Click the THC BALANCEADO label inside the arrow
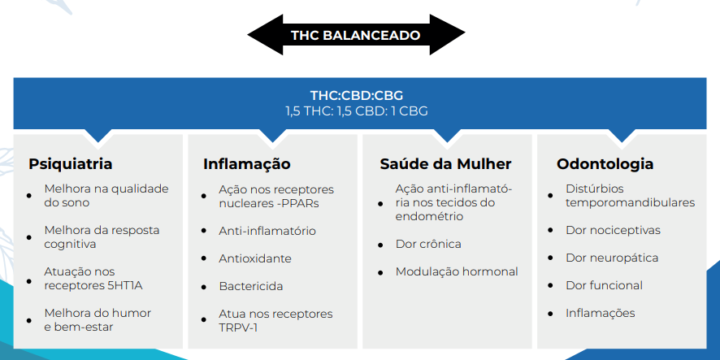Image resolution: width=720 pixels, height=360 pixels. (x=356, y=36)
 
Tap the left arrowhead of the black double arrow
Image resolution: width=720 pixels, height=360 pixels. (x=266, y=34)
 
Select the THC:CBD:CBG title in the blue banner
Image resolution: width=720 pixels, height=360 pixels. (x=356, y=96)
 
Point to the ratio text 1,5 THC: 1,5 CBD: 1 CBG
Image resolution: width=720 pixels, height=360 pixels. (x=356, y=111)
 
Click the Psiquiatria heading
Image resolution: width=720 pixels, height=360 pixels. (x=70, y=164)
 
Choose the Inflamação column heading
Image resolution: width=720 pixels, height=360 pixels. (x=246, y=164)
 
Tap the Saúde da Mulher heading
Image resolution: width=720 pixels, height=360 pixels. (x=445, y=164)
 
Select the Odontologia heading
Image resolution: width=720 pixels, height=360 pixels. (x=605, y=164)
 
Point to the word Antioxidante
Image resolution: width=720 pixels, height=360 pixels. (x=255, y=258)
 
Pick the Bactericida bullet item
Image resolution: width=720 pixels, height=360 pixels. (x=251, y=287)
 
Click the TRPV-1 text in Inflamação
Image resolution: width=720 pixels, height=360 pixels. (x=238, y=327)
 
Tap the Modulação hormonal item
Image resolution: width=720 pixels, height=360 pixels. (x=457, y=272)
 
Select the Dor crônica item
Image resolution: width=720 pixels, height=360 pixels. (x=428, y=244)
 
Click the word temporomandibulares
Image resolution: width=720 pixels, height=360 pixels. (x=630, y=202)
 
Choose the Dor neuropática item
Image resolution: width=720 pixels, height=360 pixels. (x=612, y=258)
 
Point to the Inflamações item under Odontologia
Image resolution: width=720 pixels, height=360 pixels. (x=601, y=313)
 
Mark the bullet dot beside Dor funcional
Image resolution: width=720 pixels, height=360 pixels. (x=550, y=286)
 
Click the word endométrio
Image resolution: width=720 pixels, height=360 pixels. (x=429, y=216)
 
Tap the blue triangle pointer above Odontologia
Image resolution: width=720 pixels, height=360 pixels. (x=622, y=136)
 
